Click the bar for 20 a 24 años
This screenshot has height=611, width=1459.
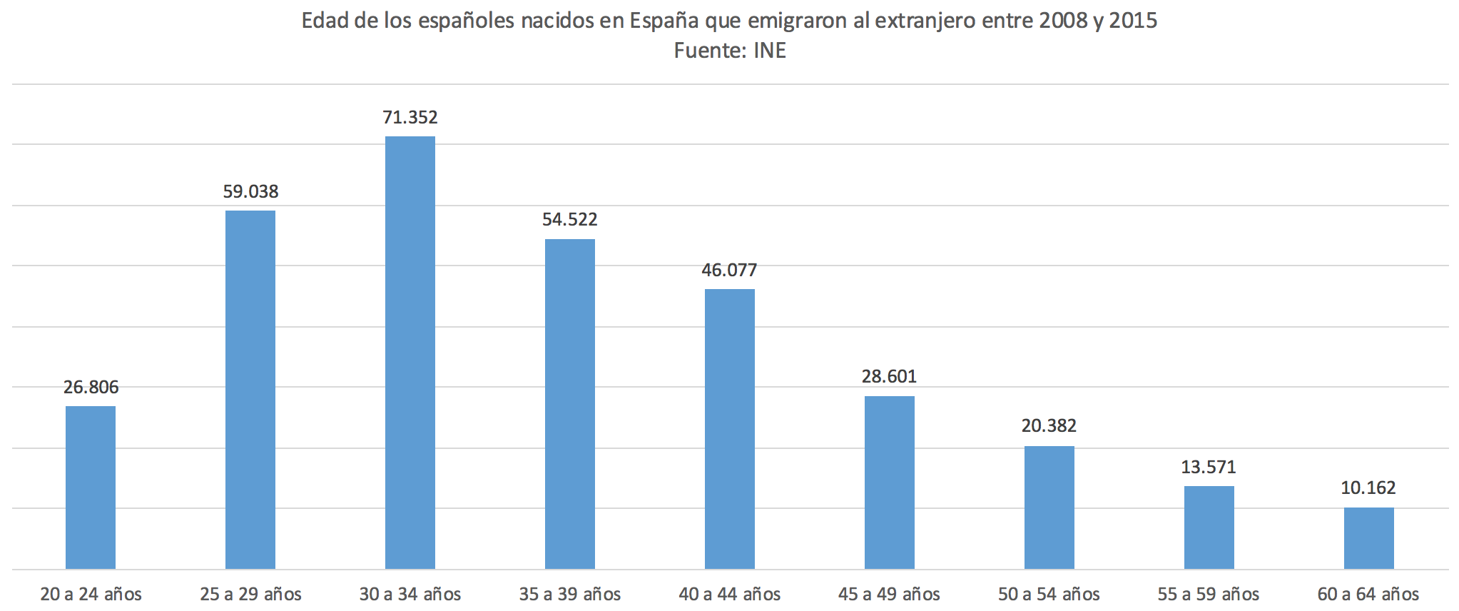tap(91, 487)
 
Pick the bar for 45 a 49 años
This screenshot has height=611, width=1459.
tap(889, 482)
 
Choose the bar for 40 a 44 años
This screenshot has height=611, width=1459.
tap(729, 428)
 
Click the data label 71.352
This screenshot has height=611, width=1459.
tap(410, 117)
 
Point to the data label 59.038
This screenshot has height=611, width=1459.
tap(250, 191)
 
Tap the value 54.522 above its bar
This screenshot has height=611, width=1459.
tap(569, 219)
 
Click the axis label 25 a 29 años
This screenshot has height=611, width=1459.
tap(250, 594)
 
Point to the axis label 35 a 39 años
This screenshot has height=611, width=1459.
tap(569, 594)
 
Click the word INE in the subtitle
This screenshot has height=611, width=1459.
tap(770, 51)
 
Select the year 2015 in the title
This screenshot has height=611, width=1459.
tap(1133, 21)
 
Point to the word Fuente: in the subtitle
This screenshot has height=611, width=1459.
tap(710, 51)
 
